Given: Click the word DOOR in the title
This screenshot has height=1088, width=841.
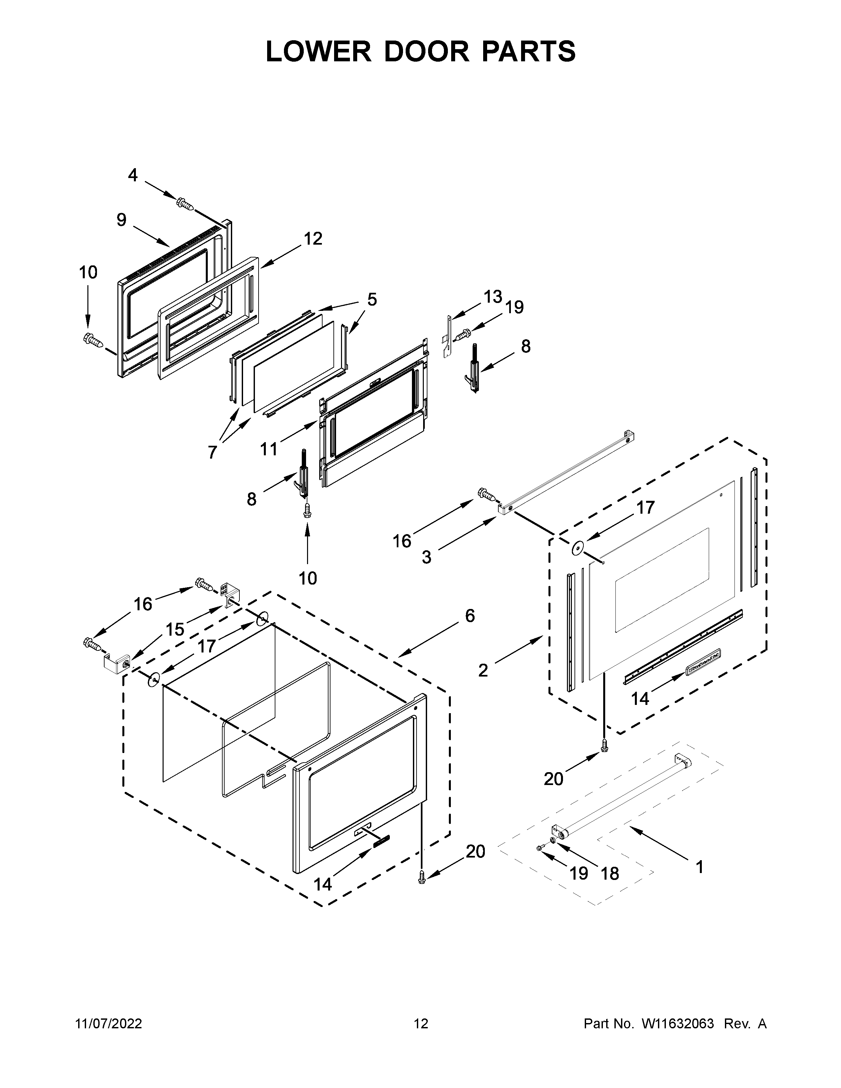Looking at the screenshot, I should click(x=426, y=51).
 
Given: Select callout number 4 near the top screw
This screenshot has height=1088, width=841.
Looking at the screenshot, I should click(x=133, y=175).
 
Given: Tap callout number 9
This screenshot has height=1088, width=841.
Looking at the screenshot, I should click(x=122, y=220).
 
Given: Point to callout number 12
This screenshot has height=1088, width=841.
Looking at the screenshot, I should click(x=313, y=239).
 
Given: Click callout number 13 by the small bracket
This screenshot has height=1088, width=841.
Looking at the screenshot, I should click(x=492, y=297).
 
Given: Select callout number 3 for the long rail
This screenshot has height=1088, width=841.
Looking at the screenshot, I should click(x=426, y=557).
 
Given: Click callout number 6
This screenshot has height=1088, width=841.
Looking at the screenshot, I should click(x=470, y=616).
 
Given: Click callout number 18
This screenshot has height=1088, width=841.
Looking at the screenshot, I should click(x=610, y=873).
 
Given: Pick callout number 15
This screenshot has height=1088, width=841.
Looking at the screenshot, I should click(x=175, y=630).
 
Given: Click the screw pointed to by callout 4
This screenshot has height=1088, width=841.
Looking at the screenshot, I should click(x=185, y=203).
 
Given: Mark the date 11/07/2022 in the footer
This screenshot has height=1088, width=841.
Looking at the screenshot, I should click(x=108, y=1024).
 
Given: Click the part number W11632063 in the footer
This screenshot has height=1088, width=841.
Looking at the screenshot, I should click(x=678, y=1024).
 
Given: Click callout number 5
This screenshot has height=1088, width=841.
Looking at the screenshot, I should click(x=372, y=299).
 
